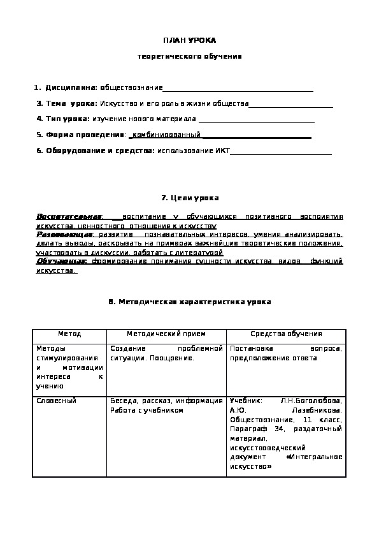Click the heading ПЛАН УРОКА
(x=190, y=40)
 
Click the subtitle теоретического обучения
(x=190, y=57)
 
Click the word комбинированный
(x=166, y=135)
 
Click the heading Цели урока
(x=190, y=199)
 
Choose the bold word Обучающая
(x=62, y=261)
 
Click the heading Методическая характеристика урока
(x=190, y=302)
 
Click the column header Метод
(x=69, y=334)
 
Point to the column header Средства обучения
(x=286, y=334)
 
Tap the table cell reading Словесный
(x=57, y=401)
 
